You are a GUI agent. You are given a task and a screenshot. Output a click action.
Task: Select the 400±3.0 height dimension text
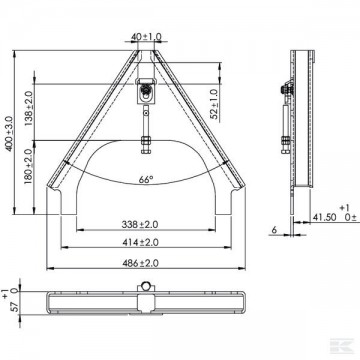pyautogui.click(x=9, y=133)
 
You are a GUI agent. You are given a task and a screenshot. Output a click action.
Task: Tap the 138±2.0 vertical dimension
pyautogui.click(x=29, y=108)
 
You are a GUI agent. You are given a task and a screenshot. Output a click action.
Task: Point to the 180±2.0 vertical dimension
pyautogui.click(x=29, y=166)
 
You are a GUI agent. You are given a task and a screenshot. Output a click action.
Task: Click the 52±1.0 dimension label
pyautogui.click(x=214, y=104)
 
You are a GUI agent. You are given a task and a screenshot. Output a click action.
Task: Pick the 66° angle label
pyautogui.click(x=146, y=179)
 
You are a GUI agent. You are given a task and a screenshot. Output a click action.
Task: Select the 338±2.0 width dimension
pyautogui.click(x=140, y=225)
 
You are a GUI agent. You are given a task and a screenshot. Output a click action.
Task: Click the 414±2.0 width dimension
pyautogui.click(x=140, y=242)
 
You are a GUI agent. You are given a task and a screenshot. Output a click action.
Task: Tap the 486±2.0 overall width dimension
pyautogui.click(x=140, y=263)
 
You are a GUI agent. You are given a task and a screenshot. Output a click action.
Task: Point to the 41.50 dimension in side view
pyautogui.click(x=324, y=217)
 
